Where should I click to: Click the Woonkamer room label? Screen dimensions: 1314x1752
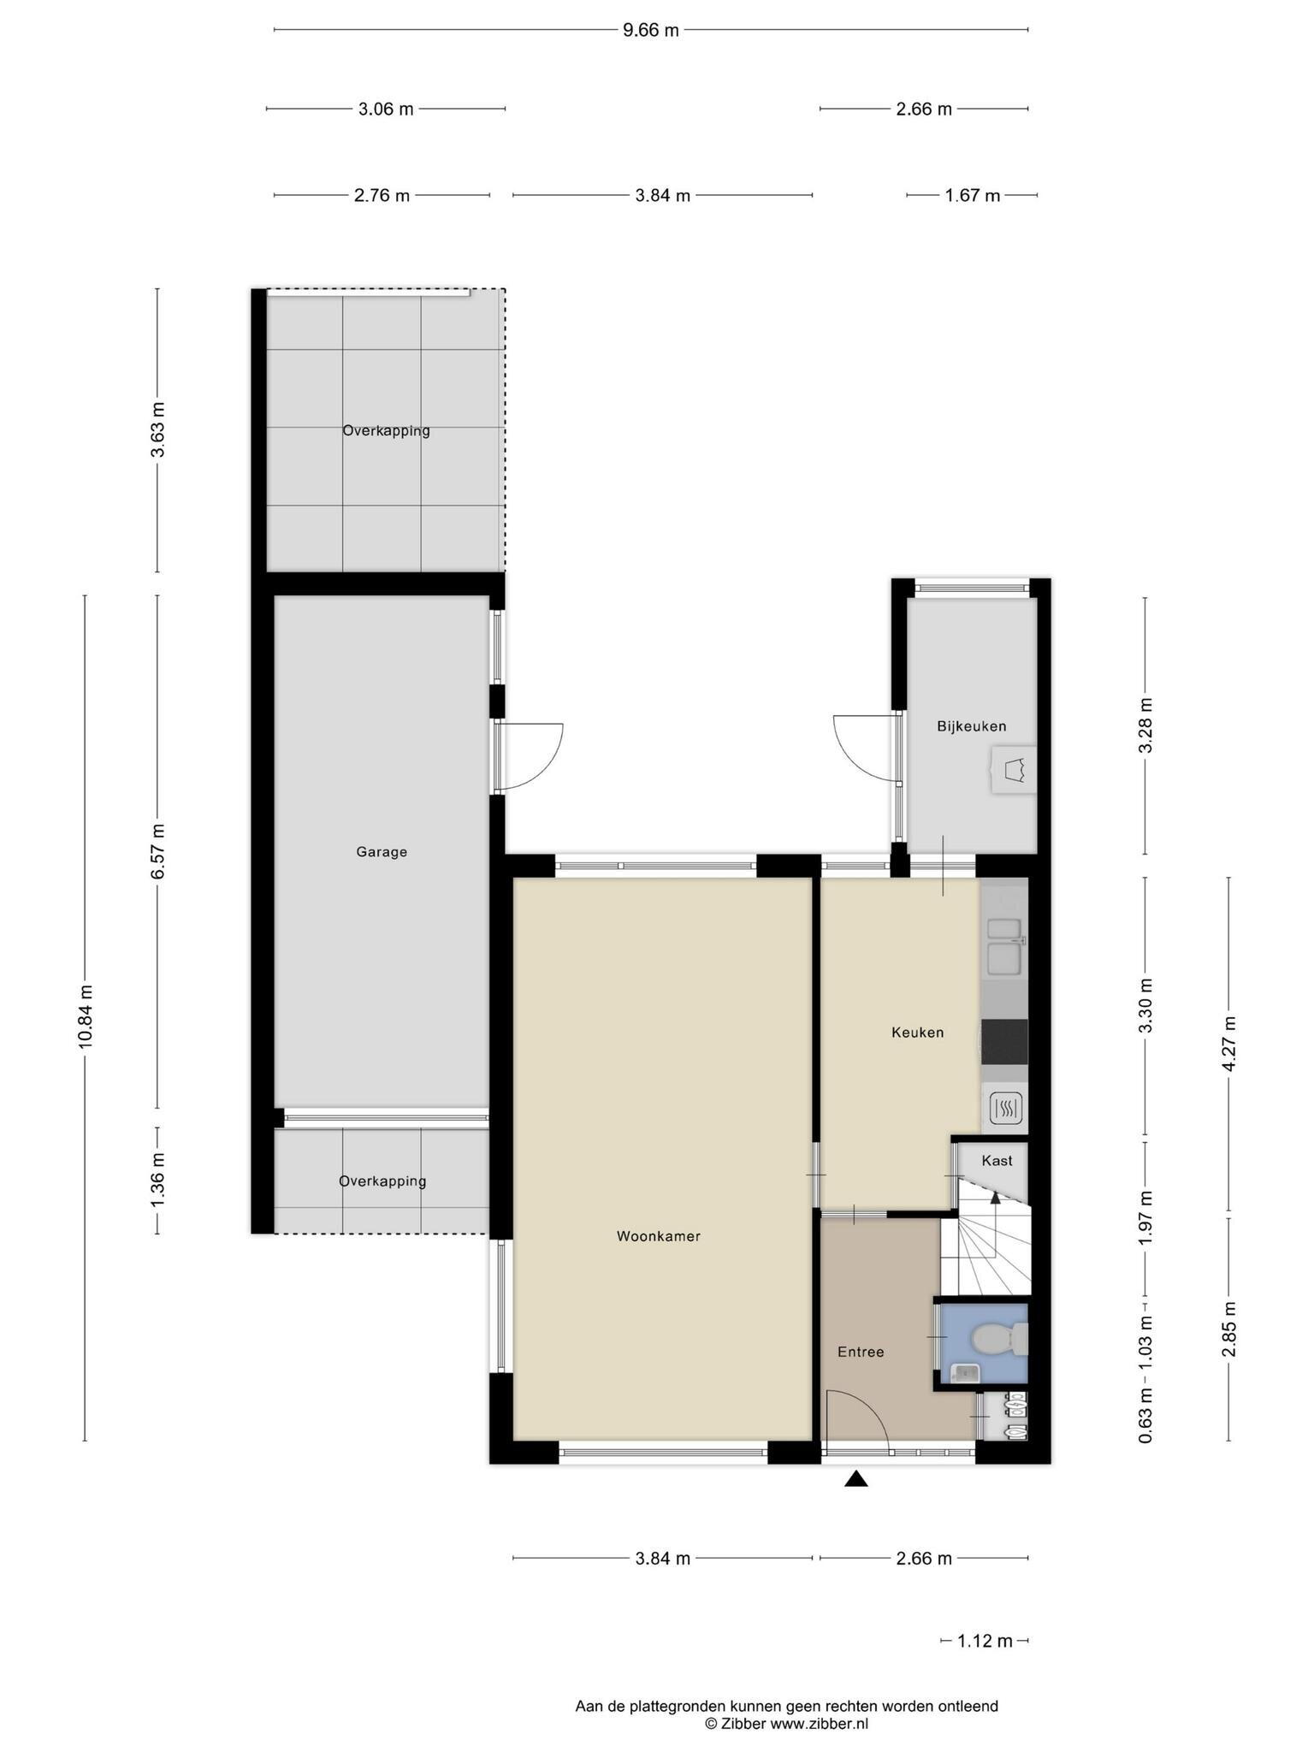[x=658, y=1236]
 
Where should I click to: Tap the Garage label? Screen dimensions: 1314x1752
[x=382, y=852]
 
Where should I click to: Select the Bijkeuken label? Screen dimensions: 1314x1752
[x=971, y=726]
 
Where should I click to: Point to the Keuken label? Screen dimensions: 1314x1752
[x=917, y=1033]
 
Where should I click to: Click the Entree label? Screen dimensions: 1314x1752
[x=861, y=1352]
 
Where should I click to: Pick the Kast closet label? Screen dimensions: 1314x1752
[x=997, y=1161]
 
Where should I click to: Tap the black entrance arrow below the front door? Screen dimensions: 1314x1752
[x=856, y=1479]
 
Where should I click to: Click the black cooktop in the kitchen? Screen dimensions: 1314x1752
[x=1004, y=1042]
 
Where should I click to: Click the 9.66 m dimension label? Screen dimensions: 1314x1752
[x=651, y=31]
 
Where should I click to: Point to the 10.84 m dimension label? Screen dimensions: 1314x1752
[x=86, y=1017]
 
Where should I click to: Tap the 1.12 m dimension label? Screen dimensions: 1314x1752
[x=985, y=1641]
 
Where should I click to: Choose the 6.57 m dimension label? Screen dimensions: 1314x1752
[x=157, y=851]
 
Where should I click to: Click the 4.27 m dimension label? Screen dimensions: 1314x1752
[x=1229, y=1044]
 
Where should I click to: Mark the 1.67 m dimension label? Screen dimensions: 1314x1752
[x=973, y=196]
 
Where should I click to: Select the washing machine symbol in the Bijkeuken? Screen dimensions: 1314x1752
[x=1014, y=770]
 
